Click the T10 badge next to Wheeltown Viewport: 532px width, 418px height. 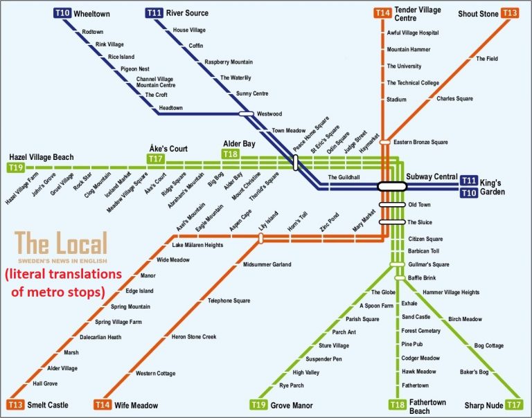pyautogui.click(x=62, y=14)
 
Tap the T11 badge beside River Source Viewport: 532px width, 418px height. pyautogui.click(x=154, y=13)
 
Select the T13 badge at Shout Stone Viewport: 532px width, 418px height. pyautogui.click(x=510, y=13)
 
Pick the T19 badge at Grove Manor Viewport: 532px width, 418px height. pyautogui.click(x=258, y=404)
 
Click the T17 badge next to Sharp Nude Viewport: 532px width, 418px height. pyautogui.click(x=513, y=404)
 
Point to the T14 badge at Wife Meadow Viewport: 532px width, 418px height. pyautogui.click(x=103, y=404)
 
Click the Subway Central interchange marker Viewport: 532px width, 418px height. pyautogui.click(x=392, y=186)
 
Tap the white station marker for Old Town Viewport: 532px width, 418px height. pyautogui.click(x=392, y=204)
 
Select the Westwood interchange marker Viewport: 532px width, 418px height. pyautogui.click(x=247, y=113)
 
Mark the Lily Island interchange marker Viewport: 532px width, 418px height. pyautogui.click(x=260, y=238)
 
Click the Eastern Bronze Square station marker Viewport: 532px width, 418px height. pyautogui.click(x=385, y=142)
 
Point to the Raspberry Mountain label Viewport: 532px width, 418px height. pyautogui.click(x=229, y=62)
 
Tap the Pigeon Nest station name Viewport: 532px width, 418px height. pyautogui.click(x=134, y=69)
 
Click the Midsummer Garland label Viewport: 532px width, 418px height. pyautogui.click(x=267, y=264)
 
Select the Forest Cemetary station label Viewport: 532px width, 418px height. pyautogui.click(x=420, y=331)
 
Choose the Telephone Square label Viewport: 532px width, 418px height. pyautogui.click(x=229, y=300)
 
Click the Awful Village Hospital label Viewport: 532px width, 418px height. pyautogui.click(x=413, y=33)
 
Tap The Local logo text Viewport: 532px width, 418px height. pyautogui.click(x=61, y=243)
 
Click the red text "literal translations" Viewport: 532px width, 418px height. pyautogui.click(x=64, y=274)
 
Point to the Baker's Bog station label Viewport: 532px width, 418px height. pyautogui.click(x=474, y=372)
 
